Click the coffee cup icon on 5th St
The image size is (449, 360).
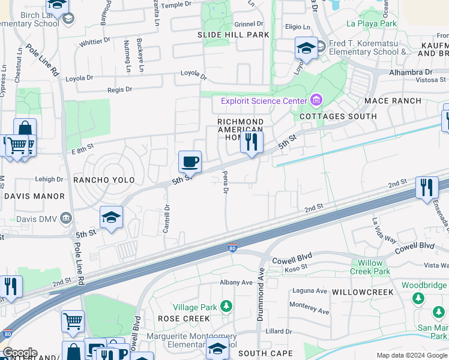pos(190,161)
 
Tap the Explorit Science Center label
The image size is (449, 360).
pos(264,101)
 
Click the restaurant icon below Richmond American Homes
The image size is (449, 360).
pos(251,142)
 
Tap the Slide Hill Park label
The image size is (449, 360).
pos(234,35)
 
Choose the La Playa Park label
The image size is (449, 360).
pos(372,24)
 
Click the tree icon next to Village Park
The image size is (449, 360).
pos(226,307)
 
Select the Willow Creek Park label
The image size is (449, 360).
pos(374,267)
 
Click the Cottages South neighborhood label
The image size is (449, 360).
pos(338,116)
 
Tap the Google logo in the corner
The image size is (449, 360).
pos(19,353)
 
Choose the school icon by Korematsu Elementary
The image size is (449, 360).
pos(306,48)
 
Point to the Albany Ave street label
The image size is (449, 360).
pos(236,282)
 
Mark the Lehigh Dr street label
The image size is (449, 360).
pos(50,179)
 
